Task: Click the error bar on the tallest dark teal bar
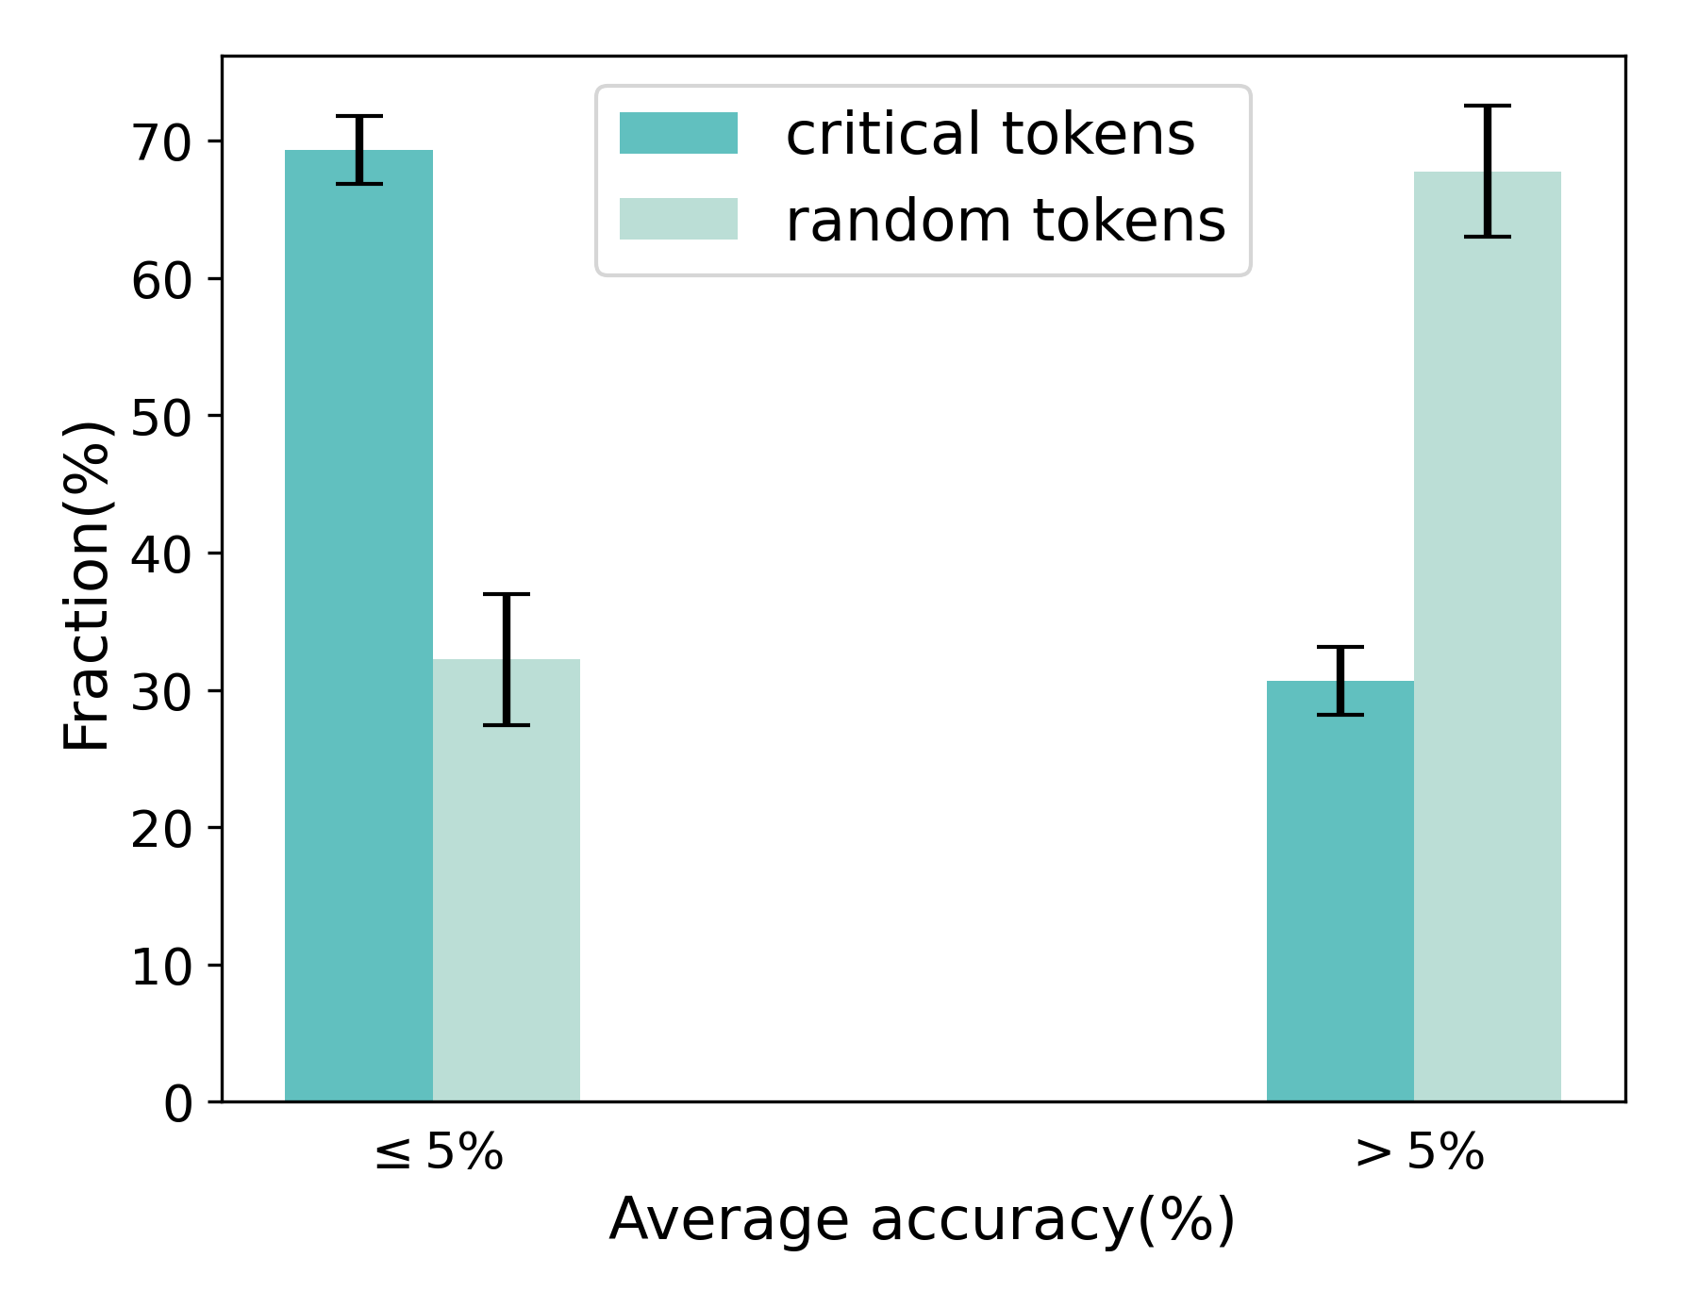tap(359, 150)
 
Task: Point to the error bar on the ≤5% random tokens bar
tap(507, 659)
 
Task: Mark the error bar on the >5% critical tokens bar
tap(1340, 681)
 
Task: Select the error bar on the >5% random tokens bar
tap(1488, 171)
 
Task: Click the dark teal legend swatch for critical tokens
tap(678, 133)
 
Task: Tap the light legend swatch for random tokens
tap(678, 219)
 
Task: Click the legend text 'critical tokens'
tap(990, 134)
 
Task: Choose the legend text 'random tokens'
tap(1006, 221)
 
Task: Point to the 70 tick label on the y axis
tap(160, 143)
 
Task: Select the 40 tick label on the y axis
tap(160, 554)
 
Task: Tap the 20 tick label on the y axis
tap(160, 829)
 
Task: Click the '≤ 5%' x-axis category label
tap(440, 1151)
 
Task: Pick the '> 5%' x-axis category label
tap(1420, 1151)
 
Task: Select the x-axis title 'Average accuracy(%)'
tap(922, 1219)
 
